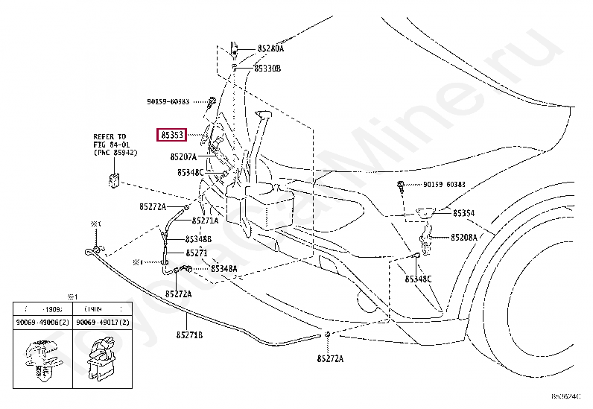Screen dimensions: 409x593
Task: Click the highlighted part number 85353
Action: pos(172,135)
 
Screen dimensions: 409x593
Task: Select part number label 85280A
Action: pos(270,48)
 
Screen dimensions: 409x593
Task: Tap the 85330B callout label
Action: pos(267,68)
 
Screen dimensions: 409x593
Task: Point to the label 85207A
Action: pos(183,157)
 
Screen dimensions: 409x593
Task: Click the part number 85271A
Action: pos(206,221)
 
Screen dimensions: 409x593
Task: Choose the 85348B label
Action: pos(198,239)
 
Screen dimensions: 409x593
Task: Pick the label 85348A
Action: pos(223,268)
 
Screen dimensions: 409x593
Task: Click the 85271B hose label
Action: pos(189,335)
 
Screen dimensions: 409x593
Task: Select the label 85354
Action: pos(463,213)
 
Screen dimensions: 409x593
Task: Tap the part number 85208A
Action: pos(463,238)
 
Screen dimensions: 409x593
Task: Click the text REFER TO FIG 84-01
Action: pos(111,141)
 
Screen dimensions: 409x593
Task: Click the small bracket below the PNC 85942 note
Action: pos(114,179)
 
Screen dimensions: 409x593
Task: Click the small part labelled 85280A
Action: pos(234,49)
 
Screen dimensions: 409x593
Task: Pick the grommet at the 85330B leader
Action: pos(235,67)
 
